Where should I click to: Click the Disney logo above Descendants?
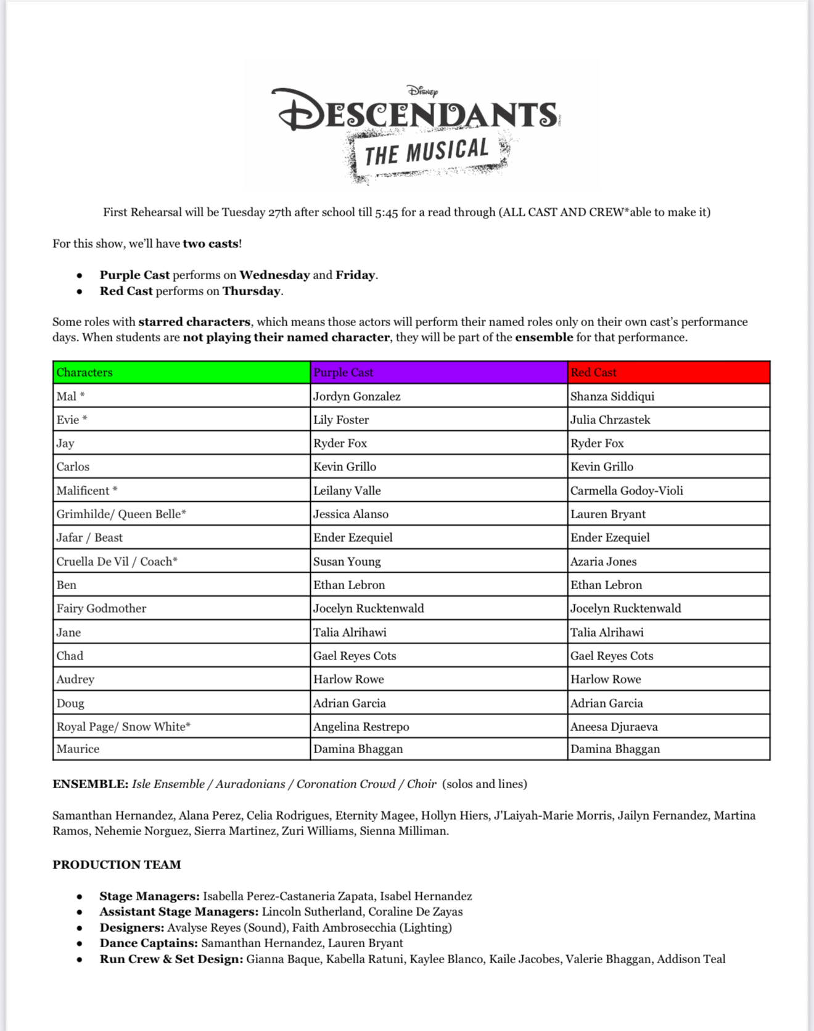[x=422, y=91]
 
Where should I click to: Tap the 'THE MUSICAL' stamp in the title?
[x=427, y=152]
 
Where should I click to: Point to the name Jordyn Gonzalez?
[x=356, y=396]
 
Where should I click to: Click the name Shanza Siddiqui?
[x=612, y=396]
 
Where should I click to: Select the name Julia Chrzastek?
[x=610, y=420]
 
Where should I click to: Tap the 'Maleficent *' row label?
[x=87, y=491]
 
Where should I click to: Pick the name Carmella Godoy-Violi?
[x=627, y=491]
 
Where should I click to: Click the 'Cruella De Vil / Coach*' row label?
[x=117, y=561]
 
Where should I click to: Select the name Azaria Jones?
[x=603, y=561]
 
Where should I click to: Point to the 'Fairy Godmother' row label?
[x=101, y=608]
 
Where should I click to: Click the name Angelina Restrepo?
[x=361, y=727]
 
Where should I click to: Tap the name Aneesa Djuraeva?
[x=614, y=727]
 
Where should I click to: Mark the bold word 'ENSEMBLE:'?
[x=90, y=784]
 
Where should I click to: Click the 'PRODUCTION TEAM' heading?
[x=117, y=865]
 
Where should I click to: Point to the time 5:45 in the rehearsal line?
[x=386, y=213]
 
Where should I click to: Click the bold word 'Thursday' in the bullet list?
[x=251, y=291]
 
